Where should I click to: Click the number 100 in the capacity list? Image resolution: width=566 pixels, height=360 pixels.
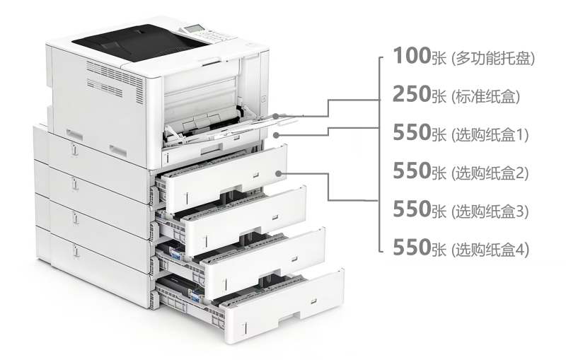412,56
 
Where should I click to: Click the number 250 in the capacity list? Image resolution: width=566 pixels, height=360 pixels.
412,94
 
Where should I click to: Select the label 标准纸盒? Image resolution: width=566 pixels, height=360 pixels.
486,96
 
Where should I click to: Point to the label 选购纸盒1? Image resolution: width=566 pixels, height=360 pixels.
490,134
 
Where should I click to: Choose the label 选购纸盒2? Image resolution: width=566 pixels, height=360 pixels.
490,173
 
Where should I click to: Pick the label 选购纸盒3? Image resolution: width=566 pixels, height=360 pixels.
490,211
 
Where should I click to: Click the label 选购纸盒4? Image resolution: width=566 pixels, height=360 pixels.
490,250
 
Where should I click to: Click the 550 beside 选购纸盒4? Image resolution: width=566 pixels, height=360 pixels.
412,247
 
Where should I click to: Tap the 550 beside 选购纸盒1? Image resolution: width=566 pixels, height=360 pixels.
412,132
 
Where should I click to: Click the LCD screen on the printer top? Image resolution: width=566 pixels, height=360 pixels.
193,28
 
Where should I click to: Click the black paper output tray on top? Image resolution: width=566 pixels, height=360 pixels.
141,42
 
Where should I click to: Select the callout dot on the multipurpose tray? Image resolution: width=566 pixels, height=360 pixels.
275,116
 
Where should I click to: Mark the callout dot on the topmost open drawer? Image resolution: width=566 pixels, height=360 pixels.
278,173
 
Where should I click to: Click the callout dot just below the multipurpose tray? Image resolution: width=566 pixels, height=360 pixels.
276,135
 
